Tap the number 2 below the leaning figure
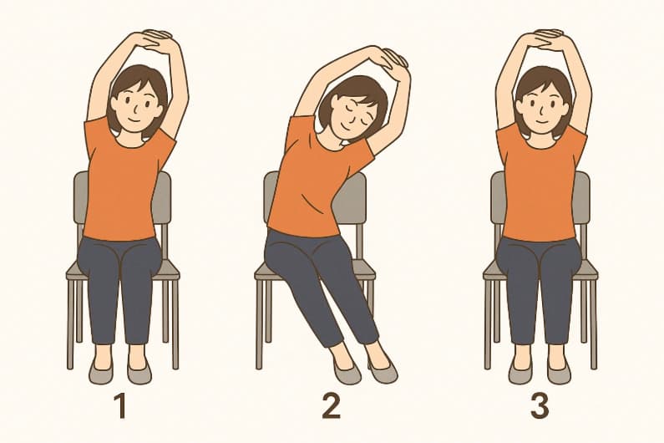(332, 407)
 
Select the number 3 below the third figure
(540, 407)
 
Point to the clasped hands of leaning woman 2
(388, 59)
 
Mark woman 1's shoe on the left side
(101, 371)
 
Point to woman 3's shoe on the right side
(560, 371)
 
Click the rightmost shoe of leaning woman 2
(383, 370)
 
